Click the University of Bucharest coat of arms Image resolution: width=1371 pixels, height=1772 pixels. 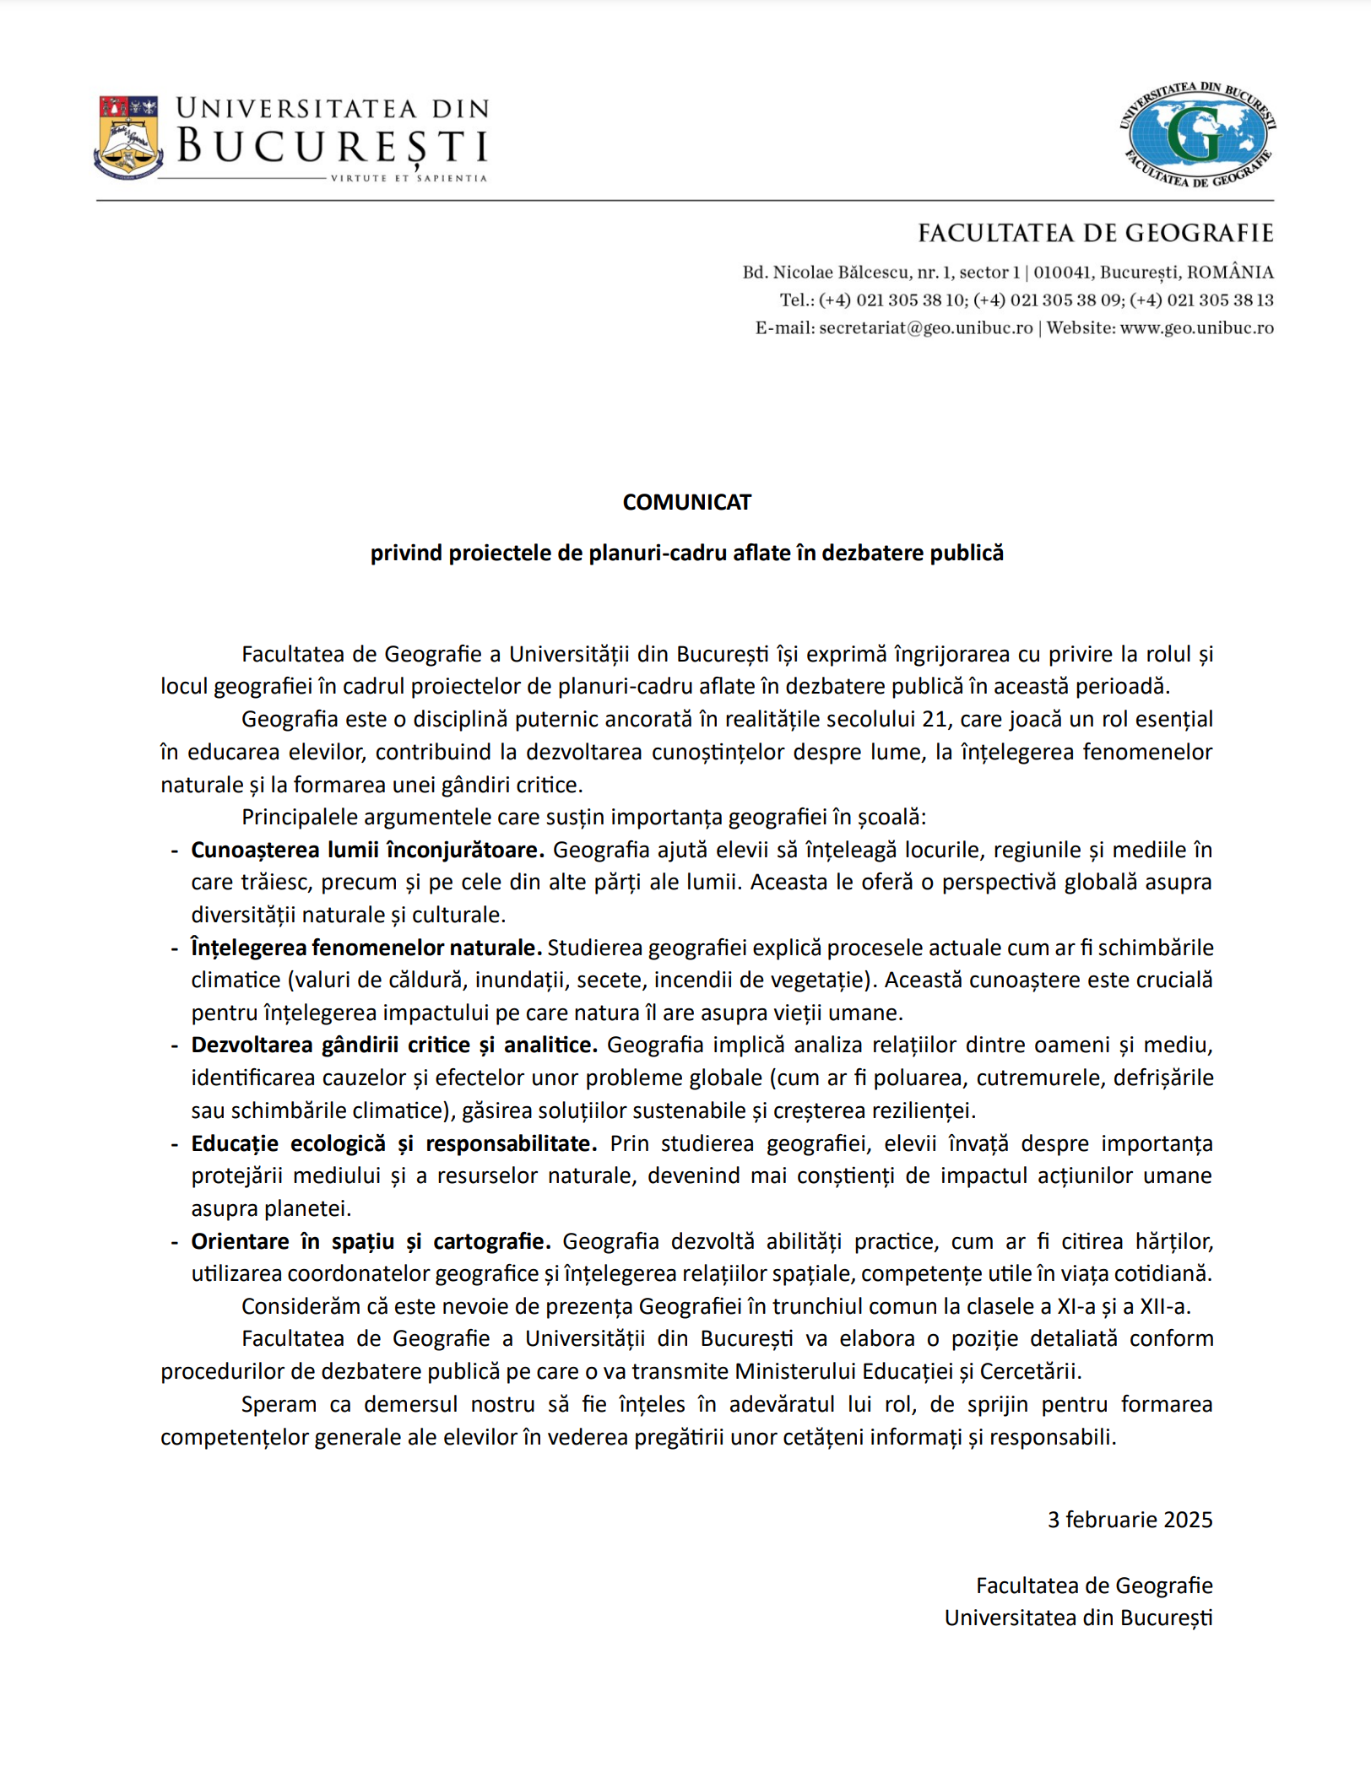tap(128, 137)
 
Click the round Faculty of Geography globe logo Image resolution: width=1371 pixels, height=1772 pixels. tap(1197, 135)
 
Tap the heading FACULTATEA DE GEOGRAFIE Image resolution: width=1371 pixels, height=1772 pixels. tap(1095, 234)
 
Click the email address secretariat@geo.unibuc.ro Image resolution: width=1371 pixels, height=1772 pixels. tap(925, 328)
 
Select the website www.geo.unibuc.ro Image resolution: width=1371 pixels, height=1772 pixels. tap(1196, 328)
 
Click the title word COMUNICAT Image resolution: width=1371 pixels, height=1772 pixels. tap(686, 502)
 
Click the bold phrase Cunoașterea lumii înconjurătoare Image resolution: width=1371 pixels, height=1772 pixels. tap(367, 850)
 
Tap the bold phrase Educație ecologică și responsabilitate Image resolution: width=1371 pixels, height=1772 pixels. tap(393, 1143)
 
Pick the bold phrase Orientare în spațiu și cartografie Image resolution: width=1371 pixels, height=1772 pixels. tap(371, 1241)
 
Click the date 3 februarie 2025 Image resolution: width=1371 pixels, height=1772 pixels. tap(1130, 1520)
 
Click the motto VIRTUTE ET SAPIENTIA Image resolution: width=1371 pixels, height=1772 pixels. tap(409, 178)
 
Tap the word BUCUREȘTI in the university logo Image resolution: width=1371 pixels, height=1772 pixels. tap(333, 146)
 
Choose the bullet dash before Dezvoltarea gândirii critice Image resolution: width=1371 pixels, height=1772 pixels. tap(175, 1045)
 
